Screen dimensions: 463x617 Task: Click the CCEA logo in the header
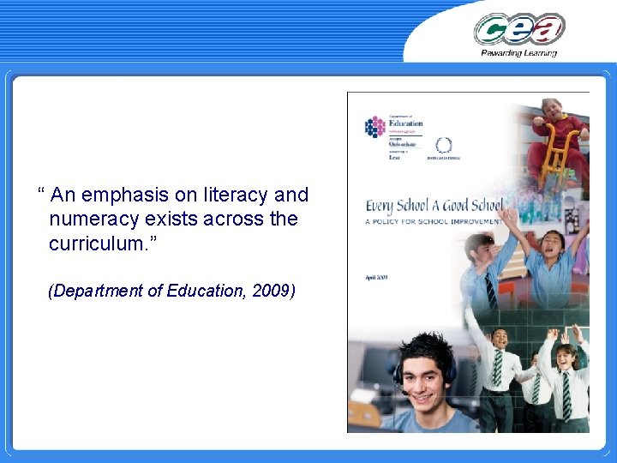pyautogui.click(x=519, y=29)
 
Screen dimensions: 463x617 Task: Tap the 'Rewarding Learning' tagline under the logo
pyautogui.click(x=519, y=53)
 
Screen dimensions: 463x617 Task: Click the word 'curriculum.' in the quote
pyautogui.click(x=98, y=244)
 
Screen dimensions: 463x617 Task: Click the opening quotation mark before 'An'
pyautogui.click(x=41, y=194)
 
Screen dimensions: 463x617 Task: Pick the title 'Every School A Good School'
pyautogui.click(x=434, y=207)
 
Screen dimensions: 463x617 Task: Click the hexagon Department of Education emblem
pyautogui.click(x=375, y=127)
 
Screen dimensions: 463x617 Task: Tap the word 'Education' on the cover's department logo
pyautogui.click(x=406, y=123)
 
